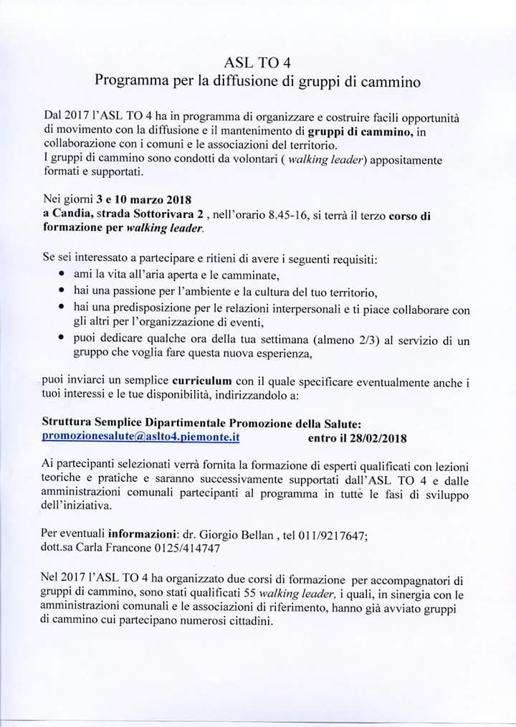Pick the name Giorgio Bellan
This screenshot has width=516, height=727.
(233, 534)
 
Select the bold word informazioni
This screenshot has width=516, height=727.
(146, 534)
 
